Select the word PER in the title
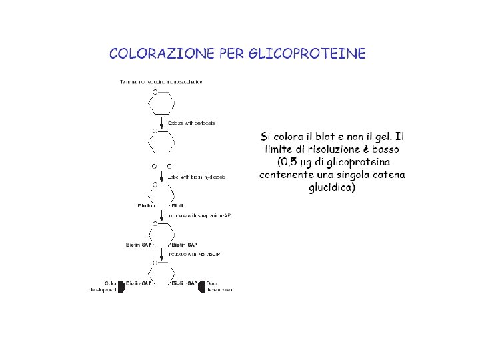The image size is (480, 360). click(x=232, y=53)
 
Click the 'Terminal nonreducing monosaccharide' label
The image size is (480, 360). click(x=161, y=82)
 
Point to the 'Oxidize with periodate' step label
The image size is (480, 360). click(x=191, y=123)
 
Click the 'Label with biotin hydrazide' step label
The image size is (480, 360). click(x=197, y=176)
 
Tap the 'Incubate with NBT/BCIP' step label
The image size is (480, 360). click(x=195, y=254)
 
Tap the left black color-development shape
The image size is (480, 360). click(x=121, y=287)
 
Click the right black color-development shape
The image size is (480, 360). click(x=201, y=287)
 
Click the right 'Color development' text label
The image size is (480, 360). click(x=219, y=287)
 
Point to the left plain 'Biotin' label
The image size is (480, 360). click(x=145, y=206)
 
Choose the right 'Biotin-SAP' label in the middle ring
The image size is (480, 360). click(x=184, y=245)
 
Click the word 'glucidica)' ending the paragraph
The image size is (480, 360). click(x=332, y=187)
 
